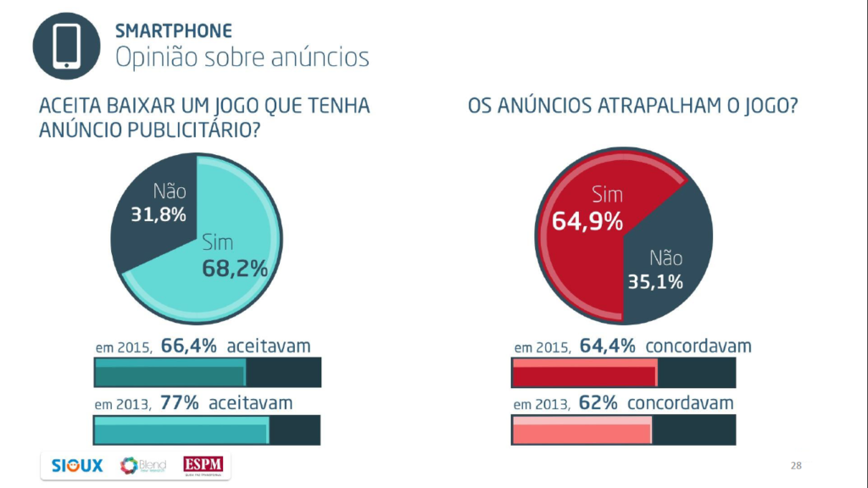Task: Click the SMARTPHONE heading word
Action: [173, 31]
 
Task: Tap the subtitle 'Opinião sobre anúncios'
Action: [242, 57]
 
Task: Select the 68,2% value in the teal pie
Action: [235, 269]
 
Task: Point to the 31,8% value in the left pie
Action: [158, 214]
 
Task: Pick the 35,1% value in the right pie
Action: [655, 281]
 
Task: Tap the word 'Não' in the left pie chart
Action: [170, 191]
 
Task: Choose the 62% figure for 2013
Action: [598, 402]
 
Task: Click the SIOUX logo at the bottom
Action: [77, 466]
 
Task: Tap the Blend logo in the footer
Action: [143, 466]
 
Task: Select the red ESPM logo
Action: [206, 466]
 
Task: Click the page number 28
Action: [796, 466]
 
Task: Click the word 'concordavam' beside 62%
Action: [680, 402]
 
